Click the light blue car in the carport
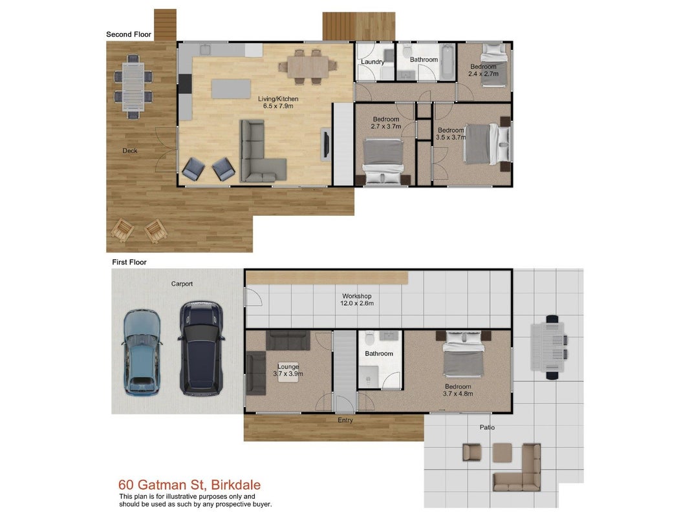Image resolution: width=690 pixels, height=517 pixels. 141,353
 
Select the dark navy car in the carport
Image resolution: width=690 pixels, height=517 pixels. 201,348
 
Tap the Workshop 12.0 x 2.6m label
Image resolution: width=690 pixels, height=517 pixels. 357,300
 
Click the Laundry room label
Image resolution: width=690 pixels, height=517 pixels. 372,62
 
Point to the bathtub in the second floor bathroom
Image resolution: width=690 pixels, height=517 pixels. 447,62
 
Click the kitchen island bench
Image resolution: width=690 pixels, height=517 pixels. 231,89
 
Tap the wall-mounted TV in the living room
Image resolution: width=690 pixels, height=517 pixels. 326,142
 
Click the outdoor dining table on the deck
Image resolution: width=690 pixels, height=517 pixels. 133,86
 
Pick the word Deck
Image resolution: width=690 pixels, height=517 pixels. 130,151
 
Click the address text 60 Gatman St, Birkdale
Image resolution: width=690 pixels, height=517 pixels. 189,485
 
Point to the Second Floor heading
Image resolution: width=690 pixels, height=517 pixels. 129,34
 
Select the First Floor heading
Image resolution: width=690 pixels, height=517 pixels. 129,262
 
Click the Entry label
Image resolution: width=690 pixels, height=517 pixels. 345,420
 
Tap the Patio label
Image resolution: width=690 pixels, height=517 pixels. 487,427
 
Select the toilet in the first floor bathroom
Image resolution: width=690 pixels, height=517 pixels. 370,337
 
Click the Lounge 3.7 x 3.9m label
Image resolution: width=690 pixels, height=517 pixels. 288,370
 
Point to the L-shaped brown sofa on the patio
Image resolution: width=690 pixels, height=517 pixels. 518,468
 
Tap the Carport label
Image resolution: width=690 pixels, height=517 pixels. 182,284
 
